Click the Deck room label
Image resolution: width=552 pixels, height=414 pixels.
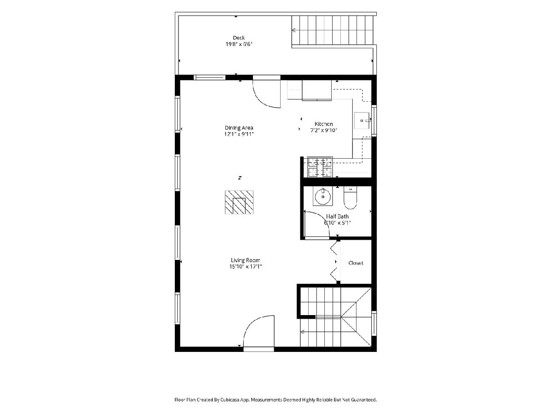coord(239,38)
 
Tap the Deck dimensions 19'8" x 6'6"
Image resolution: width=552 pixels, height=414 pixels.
coord(239,45)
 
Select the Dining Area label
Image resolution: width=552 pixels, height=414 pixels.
coord(239,128)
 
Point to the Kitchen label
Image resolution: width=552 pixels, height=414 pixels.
coord(324,124)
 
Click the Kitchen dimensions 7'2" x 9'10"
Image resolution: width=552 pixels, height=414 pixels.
coord(324,130)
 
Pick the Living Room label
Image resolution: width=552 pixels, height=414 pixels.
coord(246,260)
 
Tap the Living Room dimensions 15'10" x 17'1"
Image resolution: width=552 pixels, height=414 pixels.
coord(246,266)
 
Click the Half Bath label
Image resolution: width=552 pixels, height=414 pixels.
coord(337,216)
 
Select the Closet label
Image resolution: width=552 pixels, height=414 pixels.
coord(356,263)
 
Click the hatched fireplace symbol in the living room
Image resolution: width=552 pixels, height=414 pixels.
coord(239,202)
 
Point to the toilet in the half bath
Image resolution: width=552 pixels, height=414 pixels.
coord(351,198)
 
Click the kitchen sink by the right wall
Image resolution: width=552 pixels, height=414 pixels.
coord(362,121)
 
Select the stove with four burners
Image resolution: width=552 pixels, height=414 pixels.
coord(320,167)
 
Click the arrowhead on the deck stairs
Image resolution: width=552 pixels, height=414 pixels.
coord(293,30)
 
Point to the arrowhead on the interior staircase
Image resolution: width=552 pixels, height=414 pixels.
coord(302,332)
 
